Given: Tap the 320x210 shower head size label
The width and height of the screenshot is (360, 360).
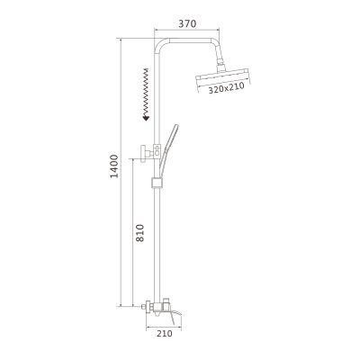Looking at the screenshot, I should [222, 90].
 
